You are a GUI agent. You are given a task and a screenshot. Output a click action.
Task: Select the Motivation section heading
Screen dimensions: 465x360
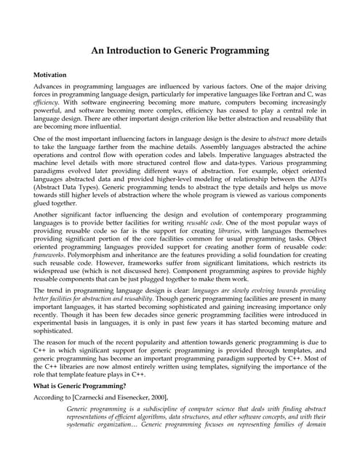tap(55, 75)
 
